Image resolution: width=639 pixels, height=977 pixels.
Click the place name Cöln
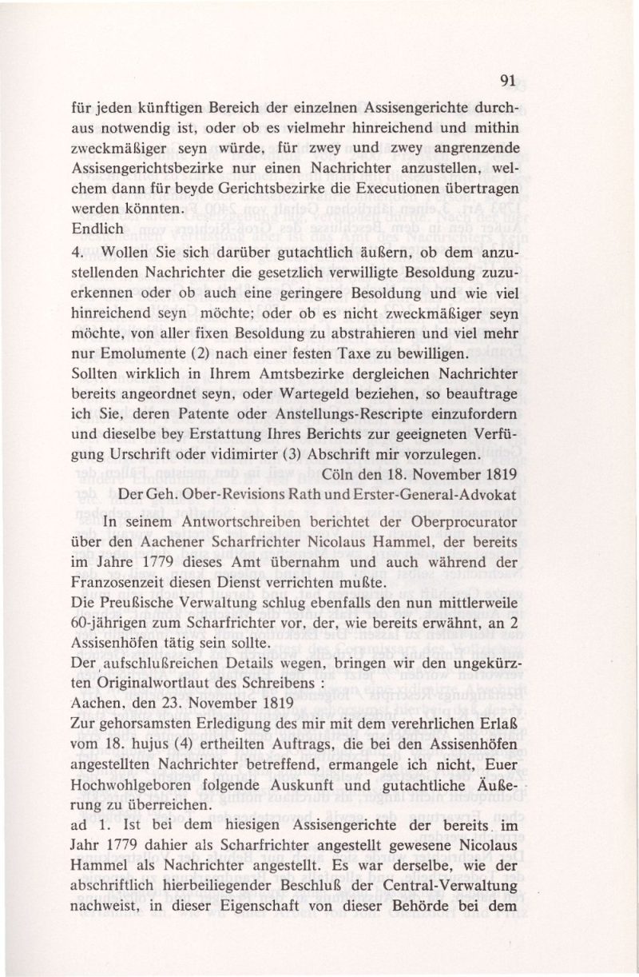[x=345, y=475]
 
